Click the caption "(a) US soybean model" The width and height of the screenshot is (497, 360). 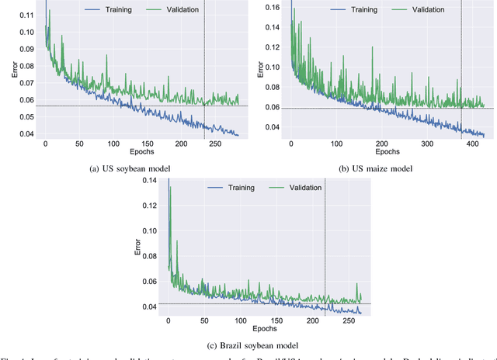(x=123, y=168)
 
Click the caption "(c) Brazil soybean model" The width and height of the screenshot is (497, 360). (x=248, y=344)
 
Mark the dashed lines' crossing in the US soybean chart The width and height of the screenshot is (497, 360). (x=204, y=106)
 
